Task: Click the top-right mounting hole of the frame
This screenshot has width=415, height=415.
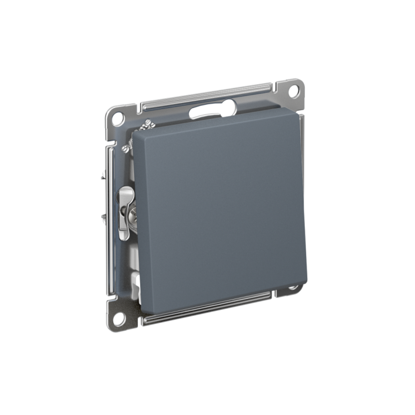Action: [x=294, y=90]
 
